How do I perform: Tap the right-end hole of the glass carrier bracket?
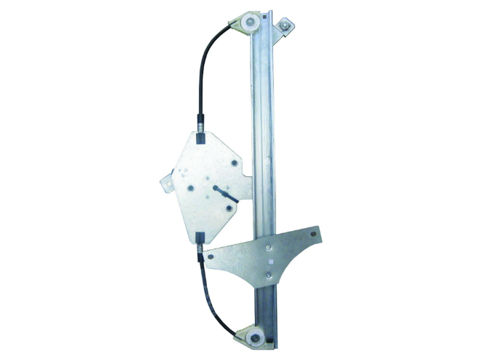click(314, 235)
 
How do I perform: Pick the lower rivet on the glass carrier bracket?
click(270, 275)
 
